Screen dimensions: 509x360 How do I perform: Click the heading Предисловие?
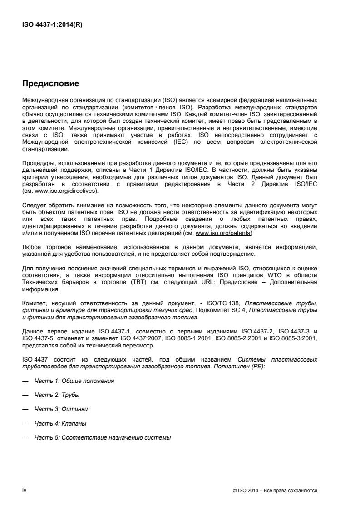click(x=51, y=84)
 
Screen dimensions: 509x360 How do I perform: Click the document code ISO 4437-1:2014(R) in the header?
click(x=53, y=25)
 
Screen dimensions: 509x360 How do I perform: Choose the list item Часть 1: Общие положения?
click(x=74, y=381)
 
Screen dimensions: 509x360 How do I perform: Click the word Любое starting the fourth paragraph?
click(x=32, y=247)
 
